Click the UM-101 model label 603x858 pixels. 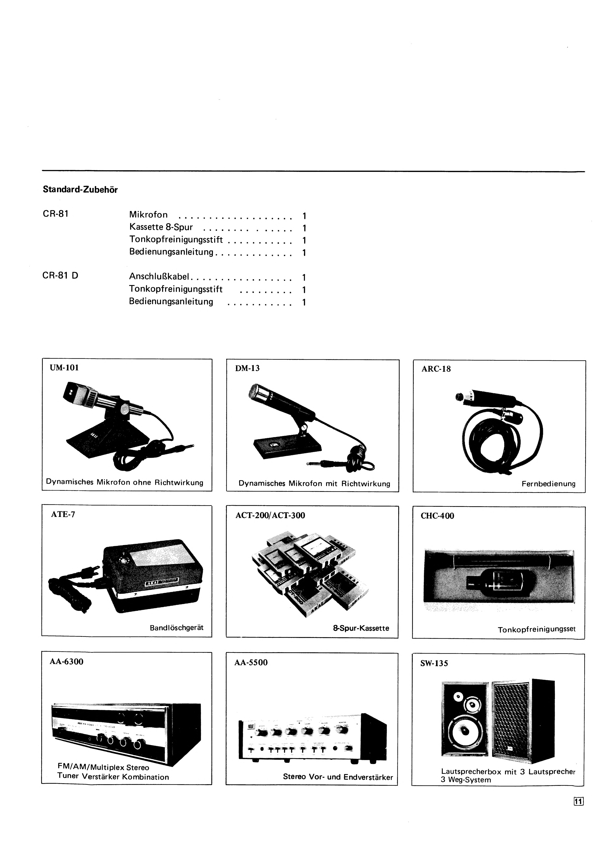(x=64, y=368)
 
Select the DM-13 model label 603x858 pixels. (x=247, y=368)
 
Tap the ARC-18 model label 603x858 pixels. (x=436, y=369)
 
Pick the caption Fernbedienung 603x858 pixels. (x=548, y=484)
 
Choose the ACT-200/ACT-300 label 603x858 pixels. (x=270, y=516)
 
